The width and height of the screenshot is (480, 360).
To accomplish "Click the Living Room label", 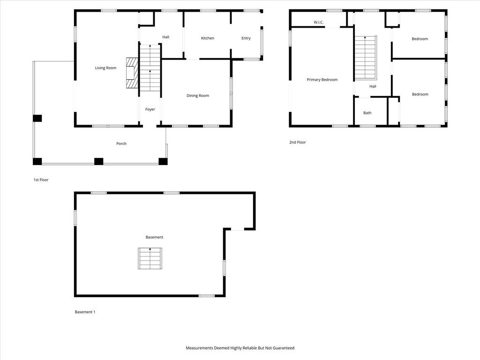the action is point(105,68).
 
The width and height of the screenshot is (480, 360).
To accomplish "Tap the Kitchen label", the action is point(208,38).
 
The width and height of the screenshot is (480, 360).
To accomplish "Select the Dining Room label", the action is point(198,96).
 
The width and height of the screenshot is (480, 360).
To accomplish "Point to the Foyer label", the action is point(150,109).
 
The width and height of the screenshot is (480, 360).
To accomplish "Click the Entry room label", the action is point(246,38).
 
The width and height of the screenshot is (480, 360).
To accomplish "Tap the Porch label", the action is point(121,143).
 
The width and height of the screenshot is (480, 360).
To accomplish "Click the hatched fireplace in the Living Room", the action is point(132,73).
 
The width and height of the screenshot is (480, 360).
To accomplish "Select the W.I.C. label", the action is point(318,22).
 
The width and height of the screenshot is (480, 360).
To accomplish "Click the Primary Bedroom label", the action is point(322,80).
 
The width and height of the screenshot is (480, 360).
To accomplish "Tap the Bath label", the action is point(367,113).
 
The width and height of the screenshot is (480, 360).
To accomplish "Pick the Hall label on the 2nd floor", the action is point(373,86).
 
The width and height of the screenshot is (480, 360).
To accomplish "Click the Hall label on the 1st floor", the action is point(165,37).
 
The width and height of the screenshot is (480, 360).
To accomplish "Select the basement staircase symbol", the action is point(150,259).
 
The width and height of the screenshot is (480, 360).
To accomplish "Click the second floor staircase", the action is point(366,58).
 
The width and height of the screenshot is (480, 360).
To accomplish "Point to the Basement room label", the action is point(154,237).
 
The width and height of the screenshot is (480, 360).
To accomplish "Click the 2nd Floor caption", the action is point(298,142).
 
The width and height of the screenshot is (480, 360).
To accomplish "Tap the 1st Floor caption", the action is point(41,180).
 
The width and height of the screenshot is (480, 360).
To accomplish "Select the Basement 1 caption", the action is point(85,312).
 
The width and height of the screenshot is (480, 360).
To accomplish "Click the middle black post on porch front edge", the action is point(98,161).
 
